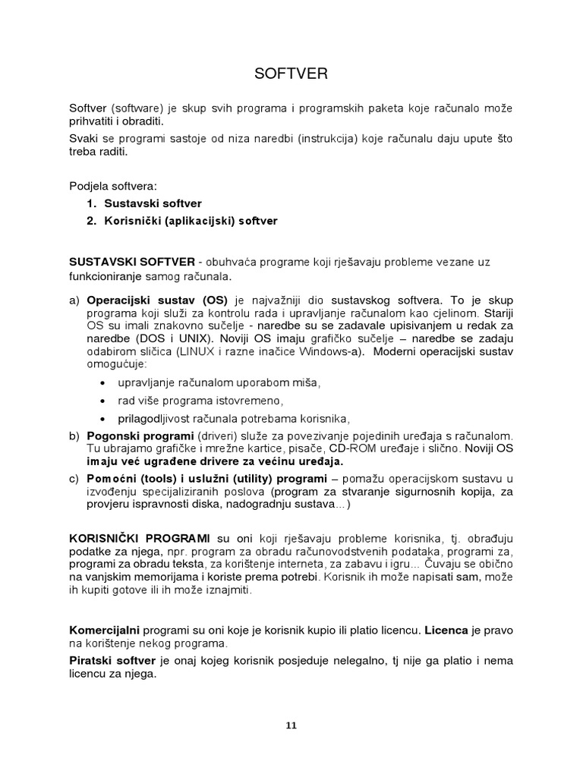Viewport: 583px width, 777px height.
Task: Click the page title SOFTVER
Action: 291,74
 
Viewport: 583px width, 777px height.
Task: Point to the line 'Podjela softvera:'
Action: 110,186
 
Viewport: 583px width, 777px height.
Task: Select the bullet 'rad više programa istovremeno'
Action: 200,400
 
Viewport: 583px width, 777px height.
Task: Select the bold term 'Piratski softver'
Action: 112,661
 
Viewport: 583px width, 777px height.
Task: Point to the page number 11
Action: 291,725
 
